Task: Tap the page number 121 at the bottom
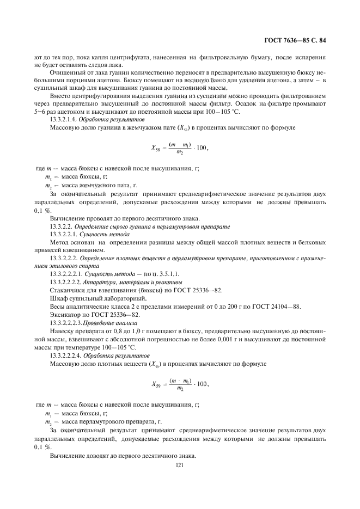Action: pyautogui.click(x=180, y=466)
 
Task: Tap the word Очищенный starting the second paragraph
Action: pyautogui.click(x=66, y=72)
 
